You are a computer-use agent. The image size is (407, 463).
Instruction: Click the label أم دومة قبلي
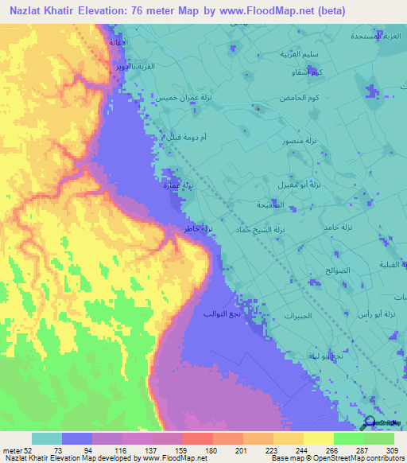(x=185, y=137)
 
